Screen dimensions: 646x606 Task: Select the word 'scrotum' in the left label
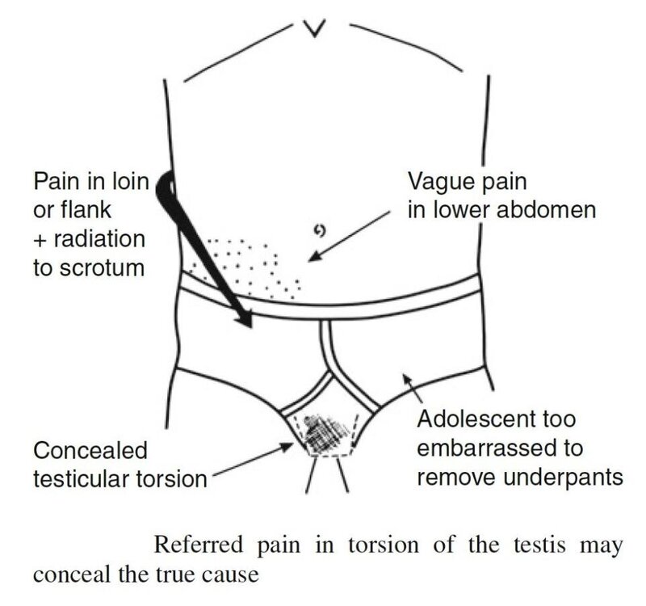click(x=102, y=268)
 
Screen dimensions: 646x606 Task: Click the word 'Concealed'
click(x=90, y=450)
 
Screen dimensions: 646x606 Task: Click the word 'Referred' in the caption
click(x=199, y=544)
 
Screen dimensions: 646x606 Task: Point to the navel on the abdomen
click(x=320, y=232)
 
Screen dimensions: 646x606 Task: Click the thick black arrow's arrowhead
click(x=244, y=318)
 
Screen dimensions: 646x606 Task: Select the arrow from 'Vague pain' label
click(x=350, y=237)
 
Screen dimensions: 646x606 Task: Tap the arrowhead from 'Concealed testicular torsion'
click(x=287, y=447)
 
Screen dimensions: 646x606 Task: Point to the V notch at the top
click(x=315, y=28)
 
